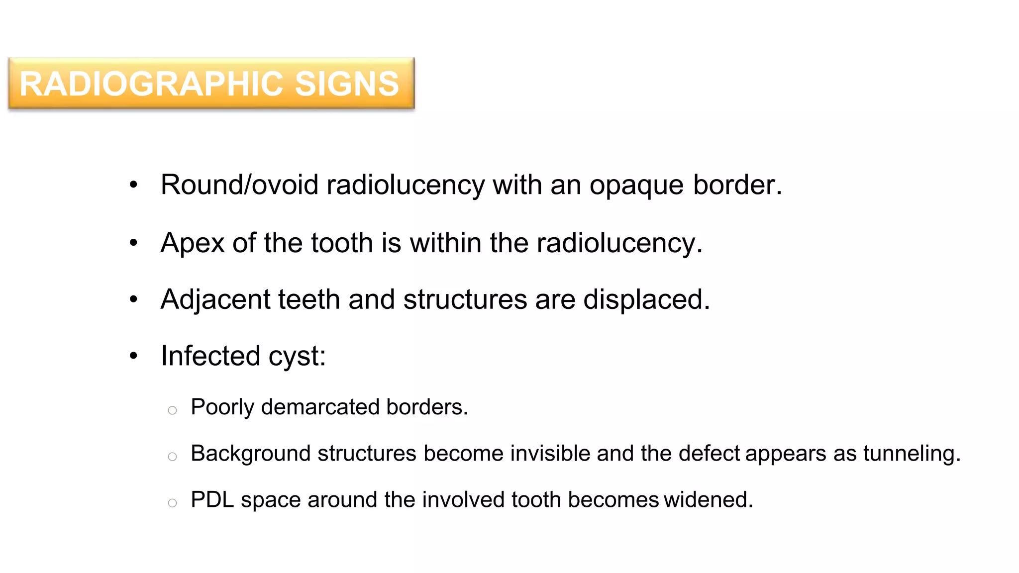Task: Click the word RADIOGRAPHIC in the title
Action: [x=153, y=84]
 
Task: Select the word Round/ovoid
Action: [x=239, y=185]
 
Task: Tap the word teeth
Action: [x=308, y=299]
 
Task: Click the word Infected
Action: [x=210, y=356]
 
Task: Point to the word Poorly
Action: [x=222, y=407]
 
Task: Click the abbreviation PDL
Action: [x=212, y=500]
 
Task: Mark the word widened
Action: [x=708, y=500]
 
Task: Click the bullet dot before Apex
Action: [x=133, y=243]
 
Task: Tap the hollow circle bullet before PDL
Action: [x=172, y=503]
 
